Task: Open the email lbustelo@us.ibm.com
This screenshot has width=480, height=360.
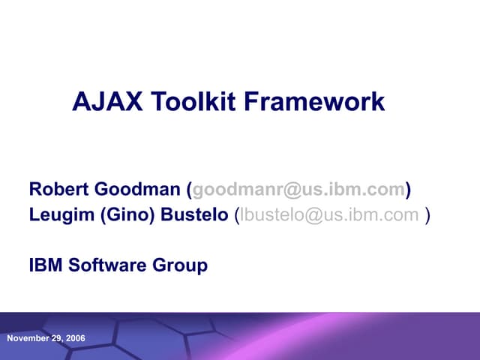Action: pyautogui.click(x=329, y=215)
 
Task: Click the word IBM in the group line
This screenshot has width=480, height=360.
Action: pyautogui.click(x=46, y=265)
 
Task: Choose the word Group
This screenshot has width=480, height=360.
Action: pyautogui.click(x=181, y=265)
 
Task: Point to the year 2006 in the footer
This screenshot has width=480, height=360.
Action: pyautogui.click(x=76, y=338)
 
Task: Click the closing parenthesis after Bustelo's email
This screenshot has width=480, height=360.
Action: pyautogui.click(x=427, y=215)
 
